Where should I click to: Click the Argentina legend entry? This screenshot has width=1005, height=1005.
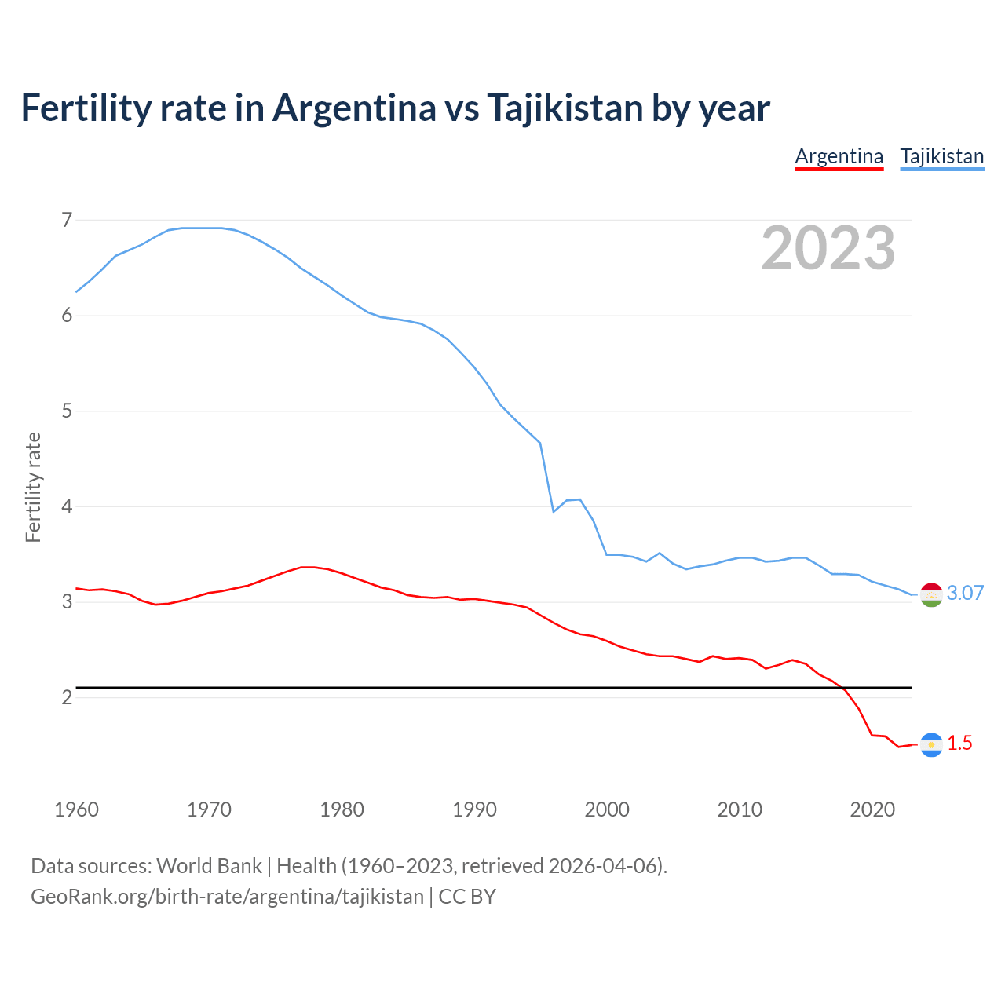click(839, 156)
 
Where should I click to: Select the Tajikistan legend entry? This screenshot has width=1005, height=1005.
click(941, 156)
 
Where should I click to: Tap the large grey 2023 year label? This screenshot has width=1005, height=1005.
click(828, 248)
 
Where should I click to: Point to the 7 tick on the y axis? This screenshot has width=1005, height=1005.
click(67, 220)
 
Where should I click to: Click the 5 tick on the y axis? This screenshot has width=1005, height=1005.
click(67, 411)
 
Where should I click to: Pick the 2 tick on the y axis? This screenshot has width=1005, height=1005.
click(67, 697)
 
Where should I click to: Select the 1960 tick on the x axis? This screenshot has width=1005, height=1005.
click(76, 809)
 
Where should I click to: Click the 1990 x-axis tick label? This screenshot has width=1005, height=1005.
click(474, 809)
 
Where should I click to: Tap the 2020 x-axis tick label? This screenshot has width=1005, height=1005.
click(872, 809)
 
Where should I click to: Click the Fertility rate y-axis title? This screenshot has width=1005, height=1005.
click(33, 487)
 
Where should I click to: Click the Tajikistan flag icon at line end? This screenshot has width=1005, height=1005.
click(931, 595)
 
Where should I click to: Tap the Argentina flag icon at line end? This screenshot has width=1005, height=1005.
click(931, 744)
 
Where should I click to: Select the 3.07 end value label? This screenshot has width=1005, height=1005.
click(965, 593)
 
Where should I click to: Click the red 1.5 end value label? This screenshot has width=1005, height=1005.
click(959, 743)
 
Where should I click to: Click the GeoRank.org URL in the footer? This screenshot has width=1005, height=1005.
click(227, 897)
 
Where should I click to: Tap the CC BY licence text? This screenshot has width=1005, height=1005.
click(467, 897)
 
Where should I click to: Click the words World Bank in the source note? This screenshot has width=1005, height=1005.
click(209, 866)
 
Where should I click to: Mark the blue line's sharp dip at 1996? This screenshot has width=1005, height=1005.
click(554, 511)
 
